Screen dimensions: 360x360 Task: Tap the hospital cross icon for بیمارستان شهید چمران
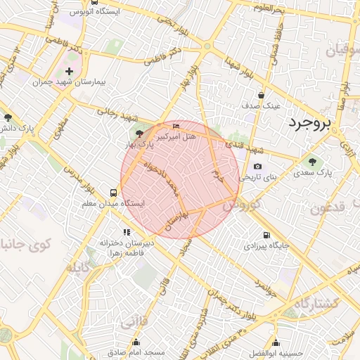point(69,71)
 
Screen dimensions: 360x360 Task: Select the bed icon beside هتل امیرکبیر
point(176,126)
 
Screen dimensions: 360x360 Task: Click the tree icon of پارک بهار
point(139,133)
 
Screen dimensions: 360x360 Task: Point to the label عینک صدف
point(262,105)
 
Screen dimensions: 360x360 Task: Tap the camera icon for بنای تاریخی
point(258,167)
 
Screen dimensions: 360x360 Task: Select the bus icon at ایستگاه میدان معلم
point(113,192)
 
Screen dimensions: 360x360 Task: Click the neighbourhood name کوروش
point(242,205)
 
